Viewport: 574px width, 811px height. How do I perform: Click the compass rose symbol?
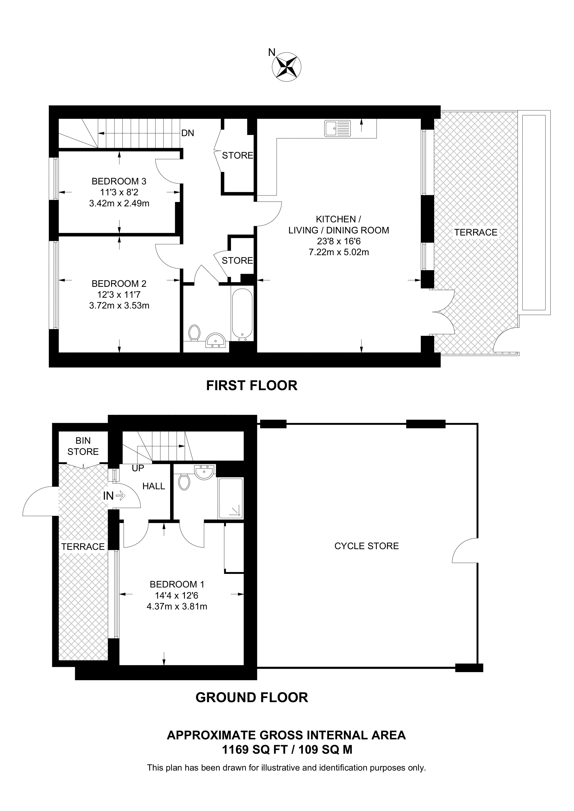point(286,66)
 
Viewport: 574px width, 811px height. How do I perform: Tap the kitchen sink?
point(337,128)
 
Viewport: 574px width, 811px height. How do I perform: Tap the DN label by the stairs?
point(188,133)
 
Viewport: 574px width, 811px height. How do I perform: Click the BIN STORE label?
point(83,446)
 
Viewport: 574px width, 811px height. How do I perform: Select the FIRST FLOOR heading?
point(252,385)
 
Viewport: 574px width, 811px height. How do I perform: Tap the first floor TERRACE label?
point(476,232)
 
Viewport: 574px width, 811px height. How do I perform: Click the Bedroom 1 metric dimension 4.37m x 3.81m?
point(177,606)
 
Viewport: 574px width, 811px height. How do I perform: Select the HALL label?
point(154,486)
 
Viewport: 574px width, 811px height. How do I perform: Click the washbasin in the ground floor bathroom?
point(204,472)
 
